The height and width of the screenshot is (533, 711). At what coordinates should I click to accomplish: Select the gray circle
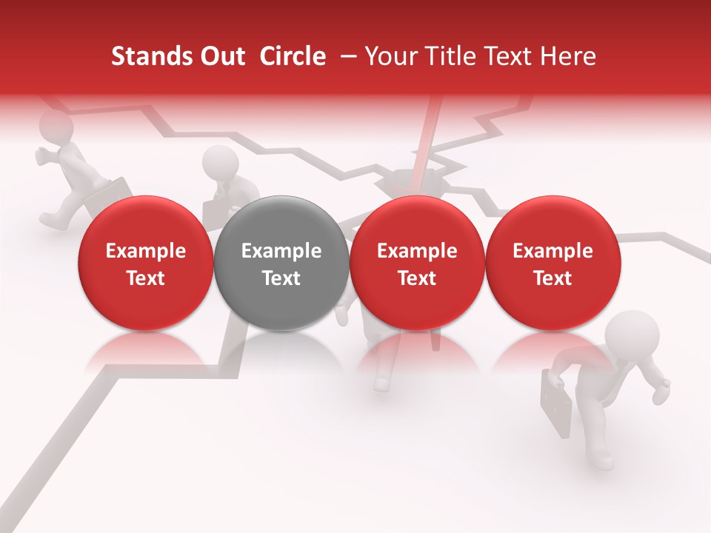click(x=281, y=263)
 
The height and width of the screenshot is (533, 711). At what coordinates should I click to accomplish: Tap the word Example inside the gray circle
click(x=281, y=251)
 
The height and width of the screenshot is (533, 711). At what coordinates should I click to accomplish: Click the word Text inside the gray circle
click(x=281, y=278)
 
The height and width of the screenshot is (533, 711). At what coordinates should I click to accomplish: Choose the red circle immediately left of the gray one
click(x=145, y=263)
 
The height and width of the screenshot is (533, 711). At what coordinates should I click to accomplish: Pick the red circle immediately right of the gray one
click(x=417, y=263)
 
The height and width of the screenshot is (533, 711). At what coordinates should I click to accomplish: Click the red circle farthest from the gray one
click(x=553, y=263)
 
